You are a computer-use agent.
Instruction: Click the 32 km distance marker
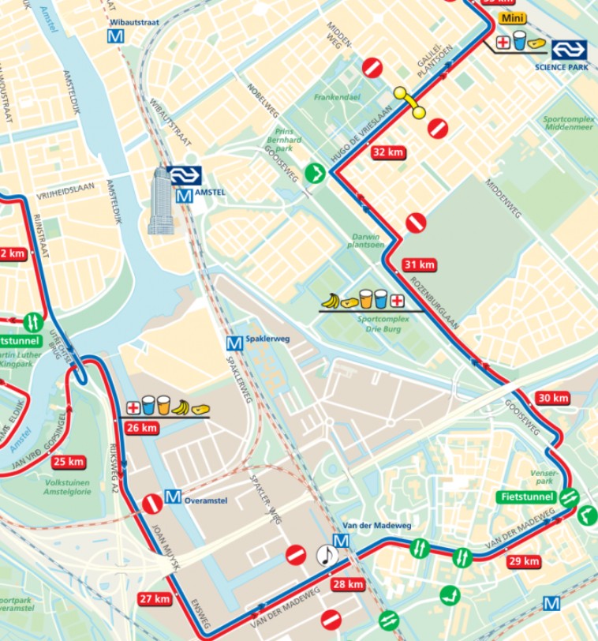click(x=388, y=152)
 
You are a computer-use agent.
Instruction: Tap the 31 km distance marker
click(x=419, y=264)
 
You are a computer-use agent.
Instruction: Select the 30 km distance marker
click(x=552, y=398)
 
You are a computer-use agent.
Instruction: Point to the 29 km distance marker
click(x=523, y=561)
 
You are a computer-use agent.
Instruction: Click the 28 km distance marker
click(x=348, y=584)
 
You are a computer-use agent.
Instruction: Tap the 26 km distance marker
click(x=142, y=428)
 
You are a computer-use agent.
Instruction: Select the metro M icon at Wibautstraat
click(x=118, y=36)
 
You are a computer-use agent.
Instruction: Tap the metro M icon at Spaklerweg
click(x=234, y=343)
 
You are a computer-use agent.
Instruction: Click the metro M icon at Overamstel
click(x=174, y=498)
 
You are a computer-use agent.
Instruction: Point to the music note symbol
click(x=327, y=556)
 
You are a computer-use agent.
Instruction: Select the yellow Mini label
click(x=512, y=18)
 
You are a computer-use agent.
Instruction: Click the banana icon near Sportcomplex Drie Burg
click(x=332, y=301)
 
